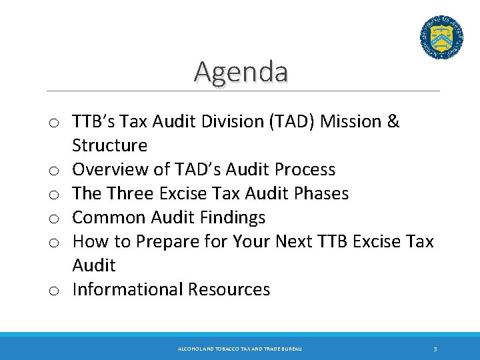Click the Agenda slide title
click(x=241, y=71)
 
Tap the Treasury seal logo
click(x=441, y=38)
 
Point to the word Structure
click(x=109, y=145)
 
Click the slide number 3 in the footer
click(x=435, y=349)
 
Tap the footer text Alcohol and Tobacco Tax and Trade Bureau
click(x=240, y=349)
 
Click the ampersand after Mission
click(x=393, y=121)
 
